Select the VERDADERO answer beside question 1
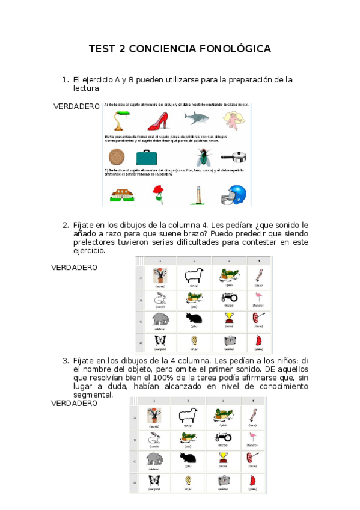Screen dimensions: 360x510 [76, 106]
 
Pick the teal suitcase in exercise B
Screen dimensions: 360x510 [146, 158]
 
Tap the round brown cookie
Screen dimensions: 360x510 [117, 158]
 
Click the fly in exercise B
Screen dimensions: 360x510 [202, 158]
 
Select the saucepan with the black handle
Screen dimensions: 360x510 [238, 158]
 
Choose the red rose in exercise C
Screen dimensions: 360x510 [159, 194]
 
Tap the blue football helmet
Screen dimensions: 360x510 [236, 194]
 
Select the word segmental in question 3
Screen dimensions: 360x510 [93, 395]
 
